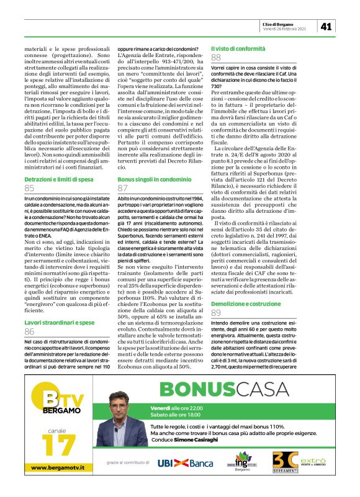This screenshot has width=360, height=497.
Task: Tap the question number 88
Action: click(x=216, y=58)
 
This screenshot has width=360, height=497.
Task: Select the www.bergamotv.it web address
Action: click(x=58, y=483)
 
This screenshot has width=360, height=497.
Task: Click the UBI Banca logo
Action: click(x=185, y=463)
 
